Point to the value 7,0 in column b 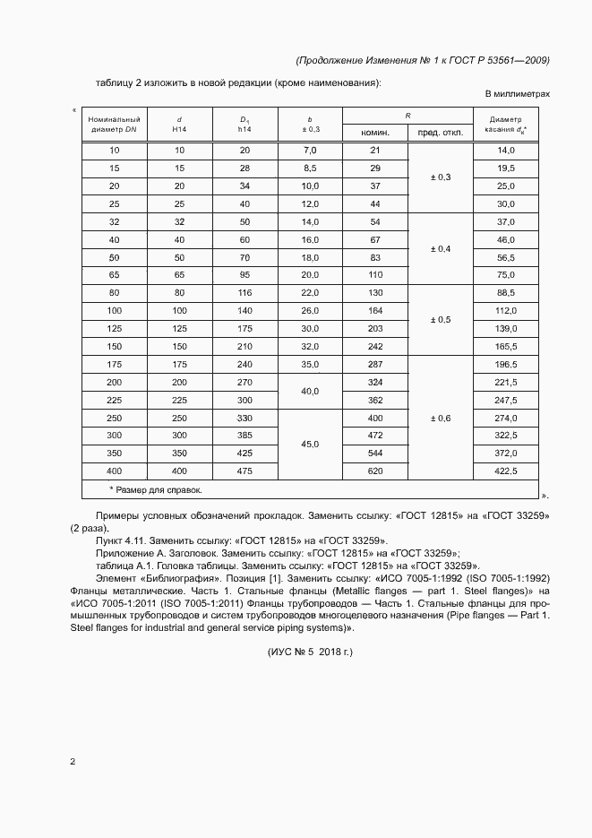pos(311,151)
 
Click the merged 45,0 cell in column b pos(311,445)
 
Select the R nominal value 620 pos(375,471)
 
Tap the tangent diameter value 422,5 pos(507,471)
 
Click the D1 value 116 pos(245,294)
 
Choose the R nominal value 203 pos(375,329)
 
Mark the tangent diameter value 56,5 pos(507,257)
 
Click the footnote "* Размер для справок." pos(156,490)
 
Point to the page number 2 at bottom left pos(73,762)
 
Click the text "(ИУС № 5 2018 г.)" pos(311,652)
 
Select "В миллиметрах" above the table pos(517,93)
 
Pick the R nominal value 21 pos(375,151)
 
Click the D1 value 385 pos(245,436)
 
